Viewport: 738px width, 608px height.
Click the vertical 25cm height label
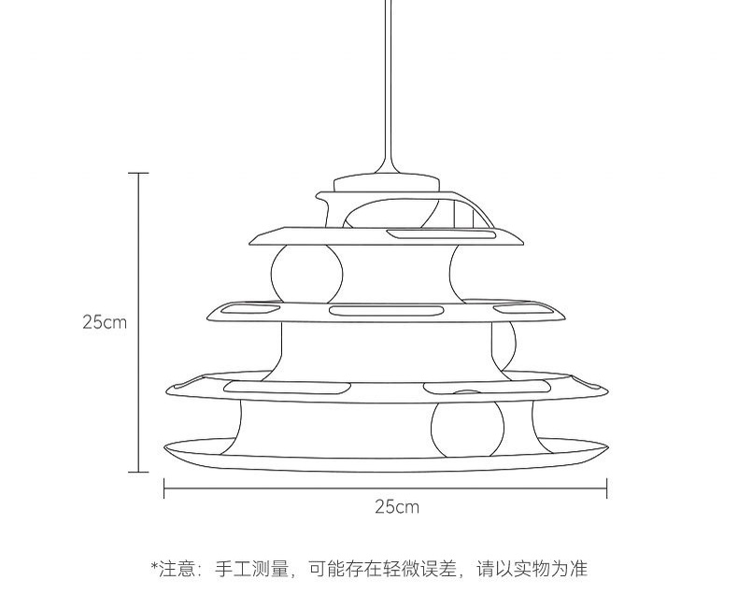(104, 322)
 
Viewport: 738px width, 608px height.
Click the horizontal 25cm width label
(397, 507)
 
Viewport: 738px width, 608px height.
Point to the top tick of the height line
(138, 174)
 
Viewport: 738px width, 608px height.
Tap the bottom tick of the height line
(138, 472)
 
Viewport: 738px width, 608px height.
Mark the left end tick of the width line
(164, 488)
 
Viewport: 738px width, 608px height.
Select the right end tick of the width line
(607, 488)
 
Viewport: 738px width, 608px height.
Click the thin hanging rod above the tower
(387, 84)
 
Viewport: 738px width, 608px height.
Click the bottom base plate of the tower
(383, 455)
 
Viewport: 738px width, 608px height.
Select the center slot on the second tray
(386, 310)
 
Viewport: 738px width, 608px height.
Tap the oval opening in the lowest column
(467, 428)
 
